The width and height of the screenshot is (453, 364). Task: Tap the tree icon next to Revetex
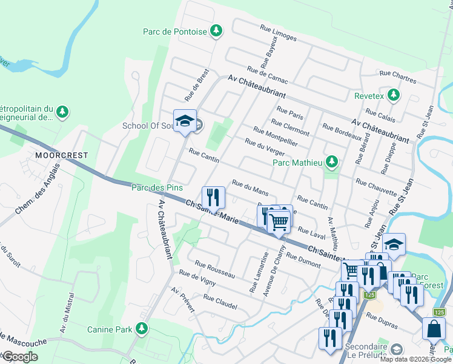[x=394, y=96]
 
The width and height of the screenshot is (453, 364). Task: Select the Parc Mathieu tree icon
[x=331, y=161]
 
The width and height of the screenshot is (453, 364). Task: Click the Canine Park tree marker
[x=142, y=329]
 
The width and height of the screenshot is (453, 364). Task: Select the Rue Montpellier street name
[x=276, y=136]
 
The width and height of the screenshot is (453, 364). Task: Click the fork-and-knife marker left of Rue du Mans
[x=213, y=197]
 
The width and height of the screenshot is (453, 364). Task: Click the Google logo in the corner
[x=20, y=357]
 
